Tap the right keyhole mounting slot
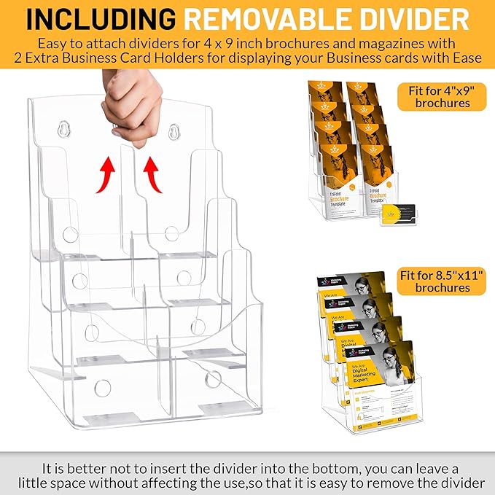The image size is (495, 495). click(x=174, y=132)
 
